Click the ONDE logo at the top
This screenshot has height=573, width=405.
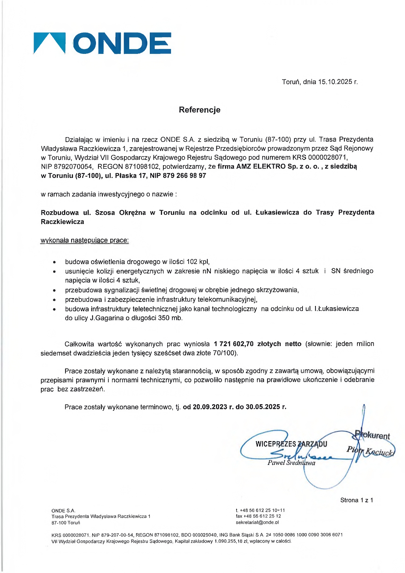point(102,43)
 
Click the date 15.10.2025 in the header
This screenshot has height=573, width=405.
point(330,82)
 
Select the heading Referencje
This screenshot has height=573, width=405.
point(199,110)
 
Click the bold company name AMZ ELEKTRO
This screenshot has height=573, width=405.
point(261,167)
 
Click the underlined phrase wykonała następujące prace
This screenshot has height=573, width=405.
point(85,240)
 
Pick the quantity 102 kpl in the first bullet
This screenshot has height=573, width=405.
point(198,262)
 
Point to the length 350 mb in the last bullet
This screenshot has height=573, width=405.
point(170,318)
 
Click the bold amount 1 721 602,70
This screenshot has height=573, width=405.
point(234,344)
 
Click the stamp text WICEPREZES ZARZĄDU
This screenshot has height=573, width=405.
point(291,444)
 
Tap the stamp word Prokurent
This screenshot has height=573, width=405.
point(373,436)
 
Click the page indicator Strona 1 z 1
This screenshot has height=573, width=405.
point(356,500)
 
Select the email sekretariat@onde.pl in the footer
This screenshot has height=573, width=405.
point(257,522)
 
